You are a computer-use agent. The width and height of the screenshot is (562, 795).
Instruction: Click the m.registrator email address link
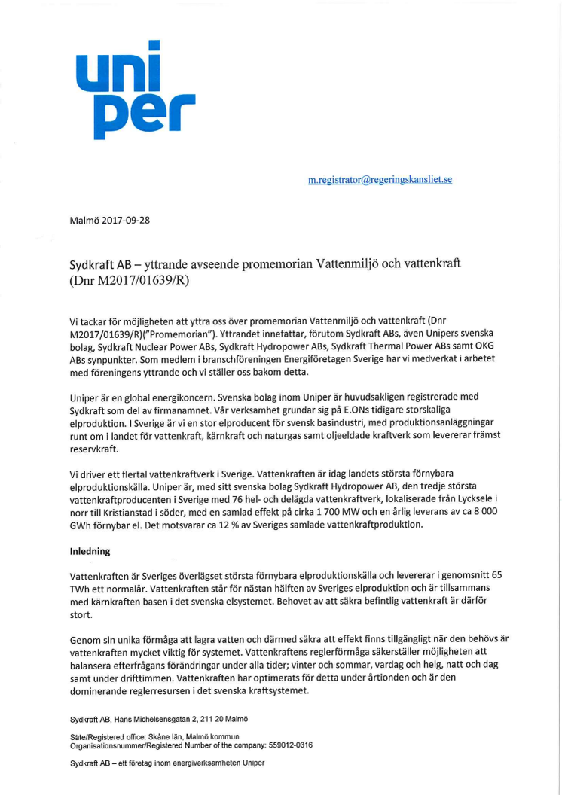coord(380,180)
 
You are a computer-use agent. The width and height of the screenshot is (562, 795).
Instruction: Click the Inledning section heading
coord(90,551)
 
